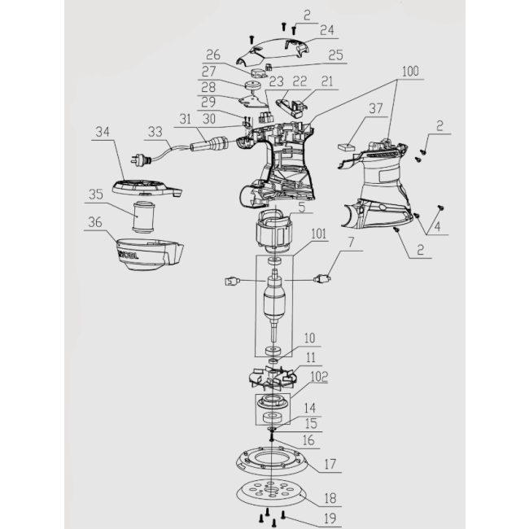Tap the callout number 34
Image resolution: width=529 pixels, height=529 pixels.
click(x=103, y=132)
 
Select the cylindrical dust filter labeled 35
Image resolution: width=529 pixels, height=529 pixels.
click(x=143, y=217)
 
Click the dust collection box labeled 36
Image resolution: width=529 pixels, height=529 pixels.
click(x=150, y=255)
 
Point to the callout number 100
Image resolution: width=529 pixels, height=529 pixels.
click(x=410, y=71)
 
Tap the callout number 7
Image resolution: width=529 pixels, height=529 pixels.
click(x=352, y=242)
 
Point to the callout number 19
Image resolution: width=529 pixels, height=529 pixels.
click(x=330, y=518)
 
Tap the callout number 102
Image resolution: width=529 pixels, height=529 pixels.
click(x=319, y=377)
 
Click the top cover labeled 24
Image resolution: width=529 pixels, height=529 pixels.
click(x=273, y=50)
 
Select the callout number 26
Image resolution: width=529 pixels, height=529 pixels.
click(x=213, y=55)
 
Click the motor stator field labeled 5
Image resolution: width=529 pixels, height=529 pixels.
click(x=274, y=232)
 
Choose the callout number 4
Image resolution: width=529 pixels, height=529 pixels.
click(x=437, y=226)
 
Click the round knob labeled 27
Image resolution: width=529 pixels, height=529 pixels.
click(x=252, y=85)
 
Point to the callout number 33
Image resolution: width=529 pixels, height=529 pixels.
click(x=155, y=132)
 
